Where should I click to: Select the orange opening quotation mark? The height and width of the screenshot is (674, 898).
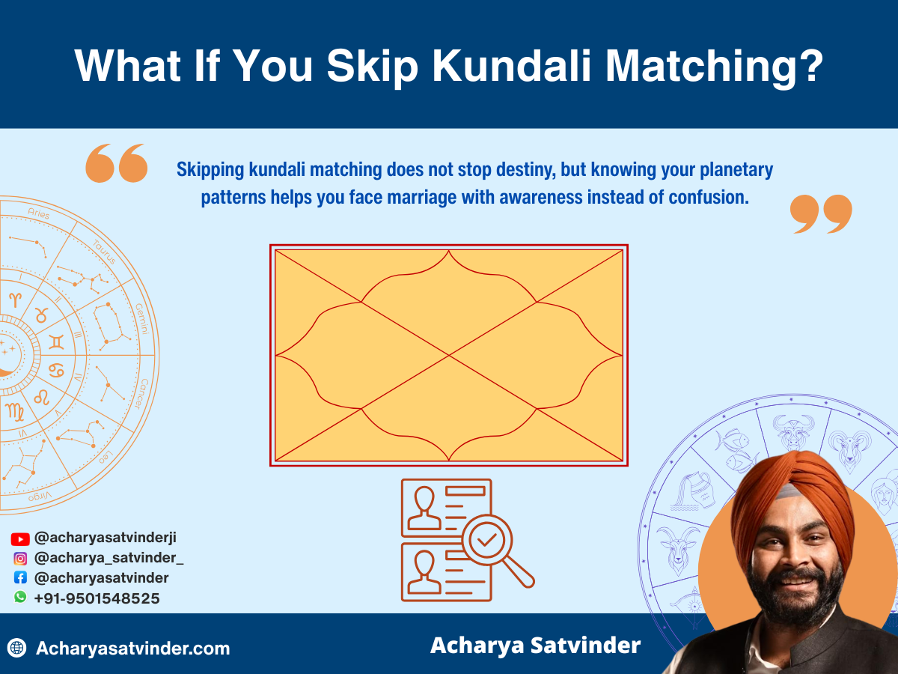[x=116, y=164]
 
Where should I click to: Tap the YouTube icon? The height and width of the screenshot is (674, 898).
[x=20, y=538]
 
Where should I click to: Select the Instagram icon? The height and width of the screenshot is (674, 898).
[x=20, y=558]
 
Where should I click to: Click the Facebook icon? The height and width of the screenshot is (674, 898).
[x=20, y=577]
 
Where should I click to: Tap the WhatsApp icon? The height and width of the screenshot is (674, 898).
[x=20, y=597]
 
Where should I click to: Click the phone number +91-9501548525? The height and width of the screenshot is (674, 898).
[x=97, y=598]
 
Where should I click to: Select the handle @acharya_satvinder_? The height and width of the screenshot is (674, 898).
[x=109, y=558]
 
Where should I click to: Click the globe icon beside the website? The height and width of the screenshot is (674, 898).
[x=17, y=648]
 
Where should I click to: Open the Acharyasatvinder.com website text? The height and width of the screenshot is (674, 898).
[x=132, y=649]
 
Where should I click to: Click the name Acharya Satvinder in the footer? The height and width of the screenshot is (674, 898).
[x=535, y=646]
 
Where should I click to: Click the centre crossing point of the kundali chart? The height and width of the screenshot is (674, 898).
[x=449, y=355]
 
